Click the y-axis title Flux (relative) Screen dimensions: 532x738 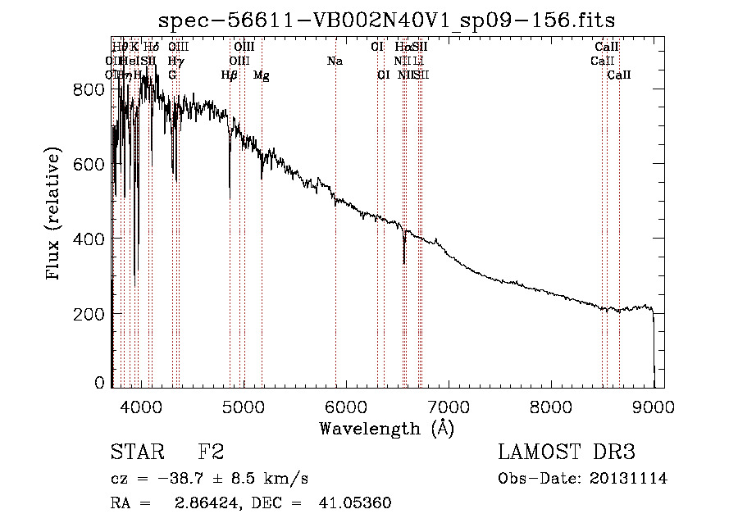tap(54, 215)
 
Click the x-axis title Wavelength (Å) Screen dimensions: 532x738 tap(386, 428)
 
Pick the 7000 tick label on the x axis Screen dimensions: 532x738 tap(448, 406)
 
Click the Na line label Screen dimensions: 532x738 tap(335, 61)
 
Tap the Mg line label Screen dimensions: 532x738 tap(262, 75)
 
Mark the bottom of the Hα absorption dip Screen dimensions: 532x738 tap(404, 262)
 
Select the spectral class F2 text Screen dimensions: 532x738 tap(211, 452)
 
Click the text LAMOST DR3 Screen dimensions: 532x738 tap(567, 452)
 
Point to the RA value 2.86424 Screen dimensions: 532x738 tap(203, 503)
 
